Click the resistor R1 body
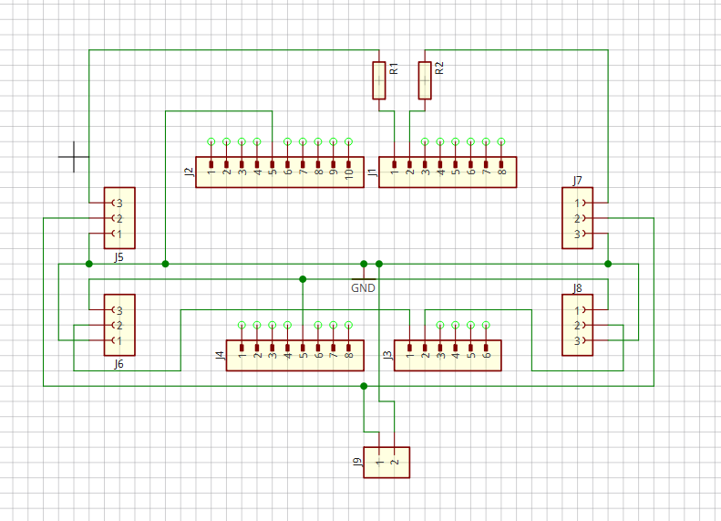(379, 80)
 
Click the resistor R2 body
(425, 80)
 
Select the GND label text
(363, 287)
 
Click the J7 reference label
(578, 181)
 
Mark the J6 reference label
(118, 364)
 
